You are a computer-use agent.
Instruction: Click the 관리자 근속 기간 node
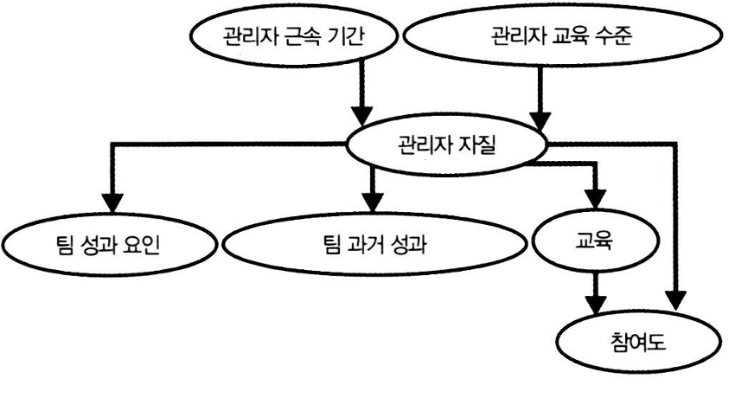pos(295,36)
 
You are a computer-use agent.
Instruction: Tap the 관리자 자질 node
pos(449,143)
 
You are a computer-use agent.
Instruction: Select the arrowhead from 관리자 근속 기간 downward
pos(364,115)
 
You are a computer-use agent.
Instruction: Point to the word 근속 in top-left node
pos(298,36)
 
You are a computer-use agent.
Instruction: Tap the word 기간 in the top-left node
pos(342,36)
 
